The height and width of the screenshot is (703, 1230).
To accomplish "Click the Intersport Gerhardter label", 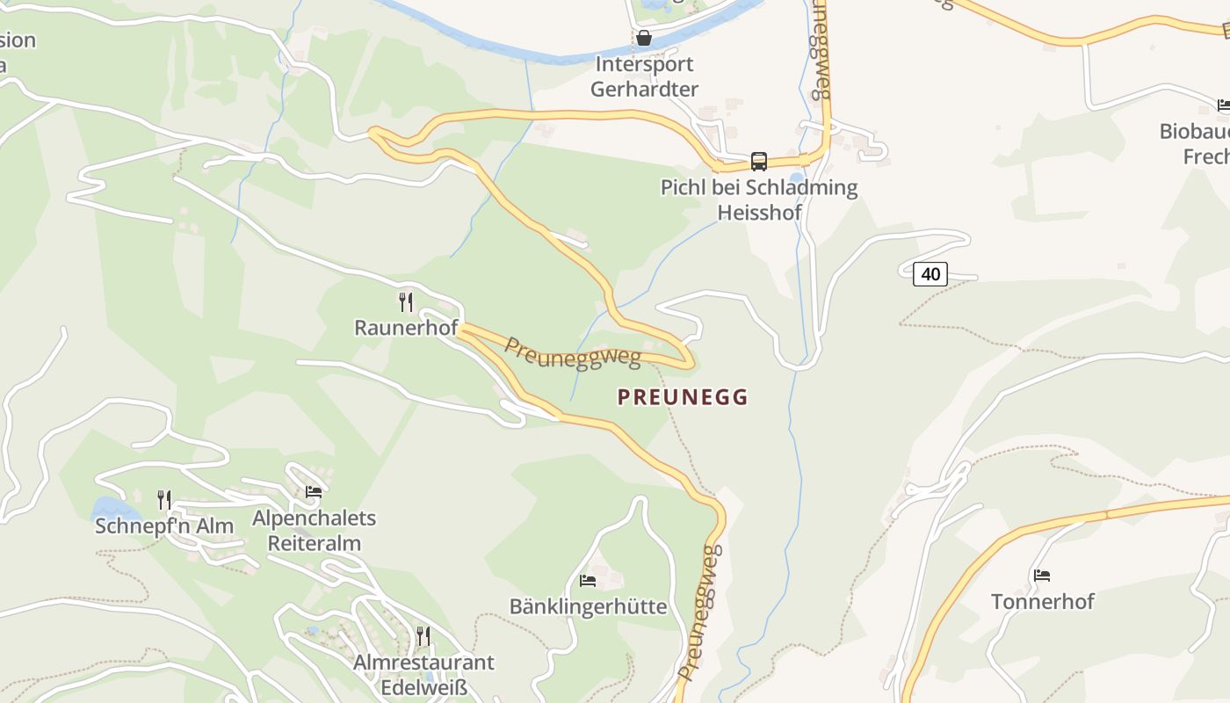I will tap(644, 76).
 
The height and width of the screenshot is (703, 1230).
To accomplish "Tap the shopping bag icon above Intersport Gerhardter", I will tap(644, 38).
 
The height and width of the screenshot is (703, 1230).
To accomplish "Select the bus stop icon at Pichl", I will tap(759, 162).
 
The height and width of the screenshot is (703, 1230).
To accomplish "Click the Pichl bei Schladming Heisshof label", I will tap(759, 199).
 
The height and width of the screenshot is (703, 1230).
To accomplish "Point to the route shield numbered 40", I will tap(930, 274).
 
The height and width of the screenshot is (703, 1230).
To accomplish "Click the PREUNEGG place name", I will tap(683, 397).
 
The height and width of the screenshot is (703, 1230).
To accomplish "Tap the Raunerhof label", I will tap(406, 328).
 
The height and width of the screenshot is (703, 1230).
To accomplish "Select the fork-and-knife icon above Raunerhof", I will tap(406, 302).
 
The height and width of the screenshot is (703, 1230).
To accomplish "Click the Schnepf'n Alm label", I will tap(164, 526).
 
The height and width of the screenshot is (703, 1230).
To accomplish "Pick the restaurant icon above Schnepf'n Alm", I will tap(164, 500).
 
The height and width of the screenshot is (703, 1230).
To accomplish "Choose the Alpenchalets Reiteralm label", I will tap(315, 531).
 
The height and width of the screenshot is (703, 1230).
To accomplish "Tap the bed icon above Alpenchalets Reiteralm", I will tap(314, 491).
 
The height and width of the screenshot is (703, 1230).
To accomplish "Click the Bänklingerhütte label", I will tap(588, 607).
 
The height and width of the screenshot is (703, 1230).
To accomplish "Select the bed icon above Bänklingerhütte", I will tap(588, 581).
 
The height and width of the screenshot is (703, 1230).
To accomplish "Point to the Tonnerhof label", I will tap(1042, 602).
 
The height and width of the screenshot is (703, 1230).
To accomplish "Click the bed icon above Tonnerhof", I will tap(1042, 576).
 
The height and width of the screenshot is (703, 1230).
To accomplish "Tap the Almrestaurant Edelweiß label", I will tap(423, 674).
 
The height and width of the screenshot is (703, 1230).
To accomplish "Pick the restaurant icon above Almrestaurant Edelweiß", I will tap(423, 635).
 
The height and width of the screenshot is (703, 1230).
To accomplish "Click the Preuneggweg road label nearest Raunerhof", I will tap(571, 352).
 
